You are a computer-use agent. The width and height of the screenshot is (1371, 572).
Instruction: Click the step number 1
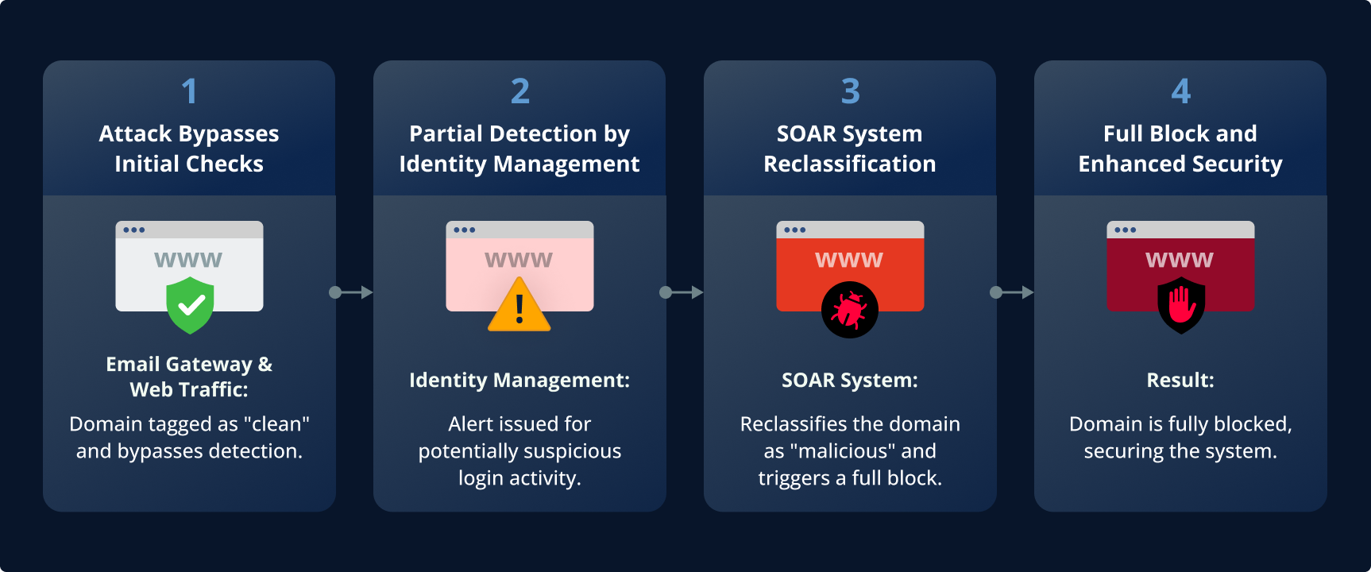189,91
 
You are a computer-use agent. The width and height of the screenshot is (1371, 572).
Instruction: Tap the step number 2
519,91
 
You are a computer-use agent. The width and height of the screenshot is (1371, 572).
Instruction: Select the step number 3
850,91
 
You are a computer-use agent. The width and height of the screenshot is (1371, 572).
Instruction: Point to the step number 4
1180,91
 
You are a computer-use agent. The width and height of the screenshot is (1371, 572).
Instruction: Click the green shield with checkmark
190,305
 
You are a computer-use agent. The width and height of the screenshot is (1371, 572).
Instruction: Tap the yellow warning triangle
519,307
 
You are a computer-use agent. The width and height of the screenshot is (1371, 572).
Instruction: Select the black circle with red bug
849,310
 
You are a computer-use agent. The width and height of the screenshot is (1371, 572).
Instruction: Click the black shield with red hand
1181,305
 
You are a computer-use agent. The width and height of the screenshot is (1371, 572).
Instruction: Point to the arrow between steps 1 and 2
351,292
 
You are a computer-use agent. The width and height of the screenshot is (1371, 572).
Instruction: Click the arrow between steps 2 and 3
682,292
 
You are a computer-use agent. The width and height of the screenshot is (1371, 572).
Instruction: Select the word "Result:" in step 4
1180,380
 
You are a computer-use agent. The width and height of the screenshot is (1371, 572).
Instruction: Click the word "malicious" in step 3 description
843,451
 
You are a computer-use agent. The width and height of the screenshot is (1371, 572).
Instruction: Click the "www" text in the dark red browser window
1180,260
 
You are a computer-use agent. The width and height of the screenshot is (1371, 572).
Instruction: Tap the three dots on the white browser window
133,230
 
